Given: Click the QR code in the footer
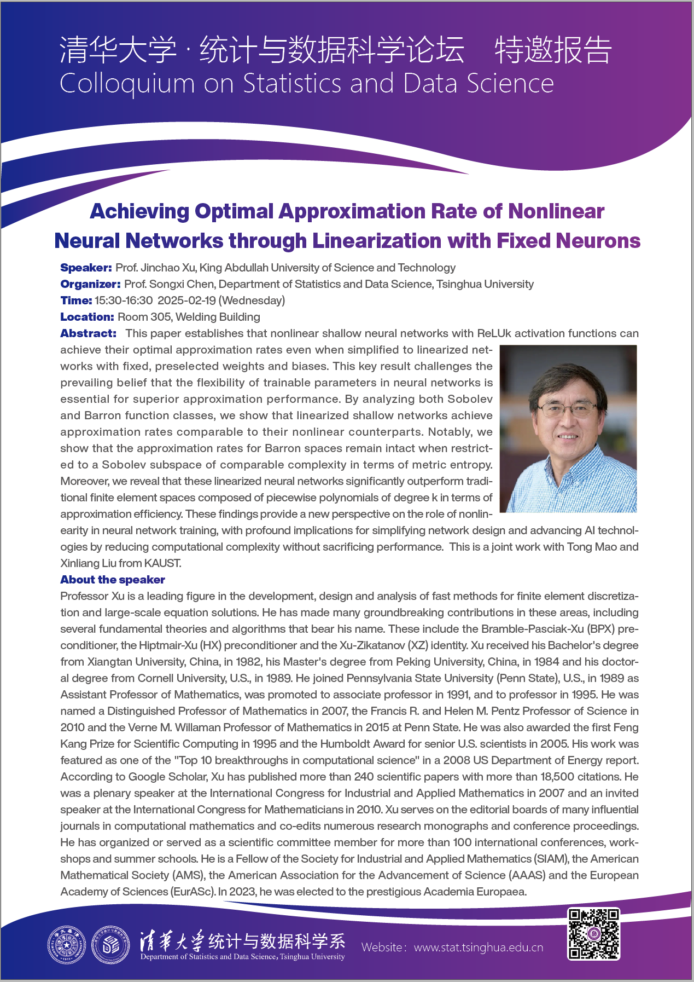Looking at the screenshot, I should tap(593, 934).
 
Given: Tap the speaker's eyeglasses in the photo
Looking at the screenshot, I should tap(566, 408).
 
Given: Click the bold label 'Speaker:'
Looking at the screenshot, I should tap(86, 268).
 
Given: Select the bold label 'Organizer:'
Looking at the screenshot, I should tap(90, 284).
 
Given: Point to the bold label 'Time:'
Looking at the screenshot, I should tap(76, 301).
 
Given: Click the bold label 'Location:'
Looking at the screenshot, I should tap(87, 317).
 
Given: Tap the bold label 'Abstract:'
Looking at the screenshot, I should tap(88, 333).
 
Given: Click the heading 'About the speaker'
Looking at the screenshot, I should tap(113, 580).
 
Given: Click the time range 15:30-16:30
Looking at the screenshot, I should tap(124, 301).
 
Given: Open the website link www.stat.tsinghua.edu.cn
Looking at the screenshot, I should tap(479, 948).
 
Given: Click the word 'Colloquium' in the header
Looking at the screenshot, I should tap(127, 84).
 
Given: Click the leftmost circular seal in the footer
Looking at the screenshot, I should tap(67, 945).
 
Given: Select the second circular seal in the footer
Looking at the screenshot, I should tap(110, 945).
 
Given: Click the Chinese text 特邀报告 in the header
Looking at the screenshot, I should tap(553, 50).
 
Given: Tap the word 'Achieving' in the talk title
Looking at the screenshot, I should tap(139, 211).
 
